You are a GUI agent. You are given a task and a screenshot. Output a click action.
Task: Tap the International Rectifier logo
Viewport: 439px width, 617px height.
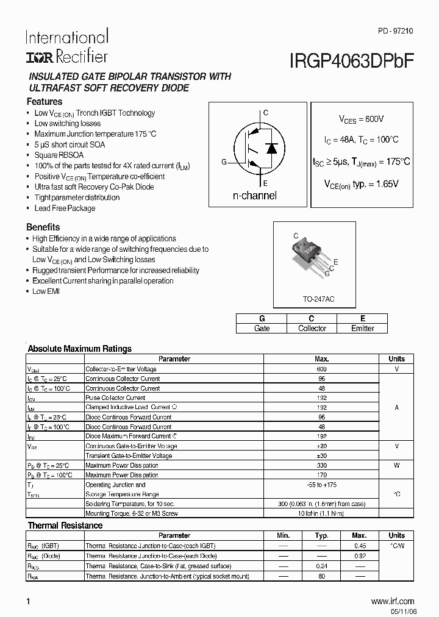pos(66,46)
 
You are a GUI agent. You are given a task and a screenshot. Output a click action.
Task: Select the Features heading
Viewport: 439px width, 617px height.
pos(44,102)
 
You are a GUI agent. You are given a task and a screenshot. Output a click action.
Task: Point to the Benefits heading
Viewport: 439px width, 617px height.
pos(43,227)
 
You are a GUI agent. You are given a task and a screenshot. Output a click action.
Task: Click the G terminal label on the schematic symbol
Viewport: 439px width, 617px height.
pos(224,162)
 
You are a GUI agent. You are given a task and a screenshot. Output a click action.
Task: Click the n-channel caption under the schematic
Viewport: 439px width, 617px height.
pos(254,196)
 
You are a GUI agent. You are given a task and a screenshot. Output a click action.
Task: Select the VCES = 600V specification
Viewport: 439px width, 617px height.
pos(362,119)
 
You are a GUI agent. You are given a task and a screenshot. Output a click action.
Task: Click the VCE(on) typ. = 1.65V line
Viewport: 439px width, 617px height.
pos(361,183)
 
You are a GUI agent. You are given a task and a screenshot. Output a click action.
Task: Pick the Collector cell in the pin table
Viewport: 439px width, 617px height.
pos(312,328)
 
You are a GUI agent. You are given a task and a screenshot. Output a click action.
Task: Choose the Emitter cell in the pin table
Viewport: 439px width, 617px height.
pos(362,328)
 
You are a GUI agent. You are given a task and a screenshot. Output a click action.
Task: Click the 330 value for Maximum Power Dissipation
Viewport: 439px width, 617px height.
pos(322,465)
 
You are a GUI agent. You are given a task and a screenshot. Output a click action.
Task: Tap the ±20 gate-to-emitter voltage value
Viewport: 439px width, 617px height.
pos(322,446)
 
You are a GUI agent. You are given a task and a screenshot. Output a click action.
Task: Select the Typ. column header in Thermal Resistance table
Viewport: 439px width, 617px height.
pos(322,535)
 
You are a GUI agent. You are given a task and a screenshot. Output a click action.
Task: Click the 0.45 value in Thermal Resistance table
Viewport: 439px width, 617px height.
pos(360,546)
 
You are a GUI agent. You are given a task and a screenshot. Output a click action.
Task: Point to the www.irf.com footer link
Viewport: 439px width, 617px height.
pos(392,601)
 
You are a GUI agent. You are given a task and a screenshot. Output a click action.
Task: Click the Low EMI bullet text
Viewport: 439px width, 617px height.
pos(46,291)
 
